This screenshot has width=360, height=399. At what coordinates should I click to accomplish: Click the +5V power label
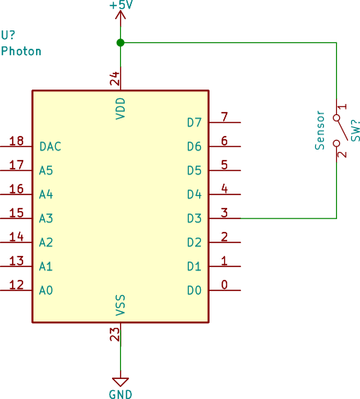coord(120,6)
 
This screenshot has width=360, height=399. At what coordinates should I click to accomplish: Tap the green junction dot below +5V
coord(120,42)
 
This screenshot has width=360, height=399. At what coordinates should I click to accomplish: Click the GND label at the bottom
coord(120,393)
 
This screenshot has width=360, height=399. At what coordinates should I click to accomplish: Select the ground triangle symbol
coord(120,381)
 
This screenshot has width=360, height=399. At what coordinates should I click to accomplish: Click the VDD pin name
coord(121,108)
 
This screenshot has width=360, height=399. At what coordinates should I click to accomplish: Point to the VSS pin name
coord(121,305)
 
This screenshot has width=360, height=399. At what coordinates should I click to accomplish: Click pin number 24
coord(114,78)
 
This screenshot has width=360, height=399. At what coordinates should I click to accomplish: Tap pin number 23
coord(114,334)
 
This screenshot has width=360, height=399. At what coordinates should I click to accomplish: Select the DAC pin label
coord(50,146)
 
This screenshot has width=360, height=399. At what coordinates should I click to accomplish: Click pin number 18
coord(16,141)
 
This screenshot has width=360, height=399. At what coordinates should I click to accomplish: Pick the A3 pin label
coord(46,218)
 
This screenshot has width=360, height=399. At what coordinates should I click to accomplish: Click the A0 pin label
coord(46,290)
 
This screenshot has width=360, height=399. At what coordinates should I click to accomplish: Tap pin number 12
coord(16,285)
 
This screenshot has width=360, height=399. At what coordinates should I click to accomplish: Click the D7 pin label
coord(194,122)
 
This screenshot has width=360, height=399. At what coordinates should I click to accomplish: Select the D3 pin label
coord(194,218)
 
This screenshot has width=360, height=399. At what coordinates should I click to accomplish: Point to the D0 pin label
coord(194,290)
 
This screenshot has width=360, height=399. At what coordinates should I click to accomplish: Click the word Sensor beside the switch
coord(320,130)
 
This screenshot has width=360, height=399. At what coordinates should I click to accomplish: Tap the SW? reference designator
coord(355,130)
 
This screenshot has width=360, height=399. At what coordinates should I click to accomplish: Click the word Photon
coord(22,51)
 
